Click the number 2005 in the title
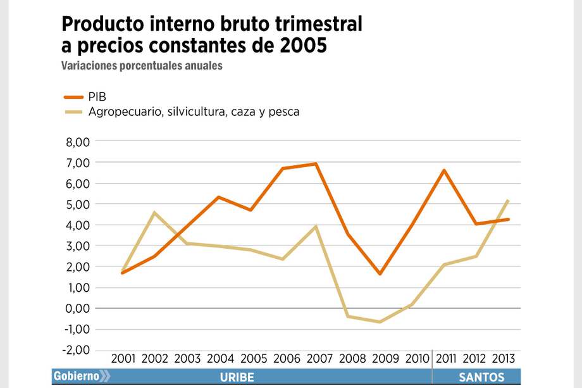pyautogui.click(x=302, y=46)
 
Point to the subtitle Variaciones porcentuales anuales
pyautogui.click(x=142, y=66)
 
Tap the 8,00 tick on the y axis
pyautogui.click(x=78, y=142)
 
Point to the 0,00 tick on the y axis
pyautogui.click(x=78, y=308)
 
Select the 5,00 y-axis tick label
pyautogui.click(x=78, y=204)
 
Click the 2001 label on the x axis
pyautogui.click(x=123, y=359)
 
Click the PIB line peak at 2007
pyautogui.click(x=316, y=164)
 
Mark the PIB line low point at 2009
pyautogui.click(x=380, y=273)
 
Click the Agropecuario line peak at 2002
pyautogui.click(x=154, y=213)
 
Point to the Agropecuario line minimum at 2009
pyautogui.click(x=380, y=322)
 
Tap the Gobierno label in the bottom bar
pyautogui.click(x=76, y=377)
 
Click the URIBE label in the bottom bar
pyautogui.click(x=237, y=377)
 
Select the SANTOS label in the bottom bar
pyautogui.click(x=481, y=377)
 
